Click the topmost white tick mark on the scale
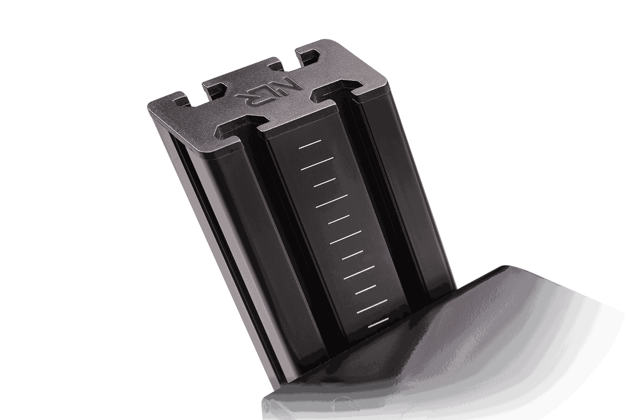(310, 144)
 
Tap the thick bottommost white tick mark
(378, 323)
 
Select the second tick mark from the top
(318, 164)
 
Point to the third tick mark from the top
(325, 182)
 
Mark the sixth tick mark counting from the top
(345, 237)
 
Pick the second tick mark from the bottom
(372, 306)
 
